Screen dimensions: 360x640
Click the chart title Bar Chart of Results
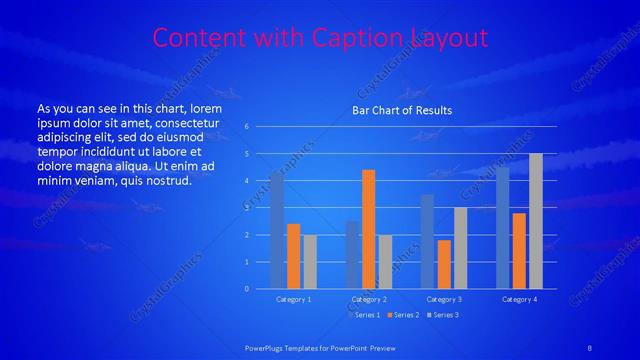coord(402,110)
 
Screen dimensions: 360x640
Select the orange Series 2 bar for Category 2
coord(368,229)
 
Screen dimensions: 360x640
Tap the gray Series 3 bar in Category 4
coord(536,221)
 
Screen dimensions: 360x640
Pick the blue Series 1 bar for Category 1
coord(277,230)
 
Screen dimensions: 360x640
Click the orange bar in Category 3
coord(444,264)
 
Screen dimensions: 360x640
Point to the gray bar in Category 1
coord(310,262)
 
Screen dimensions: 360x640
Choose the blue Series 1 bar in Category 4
coord(502,227)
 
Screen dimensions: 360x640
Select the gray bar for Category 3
coord(460,248)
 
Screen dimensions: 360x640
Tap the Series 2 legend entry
coord(402,315)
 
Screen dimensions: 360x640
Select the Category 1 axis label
coord(293,299)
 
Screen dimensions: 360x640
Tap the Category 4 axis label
coord(519,299)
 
